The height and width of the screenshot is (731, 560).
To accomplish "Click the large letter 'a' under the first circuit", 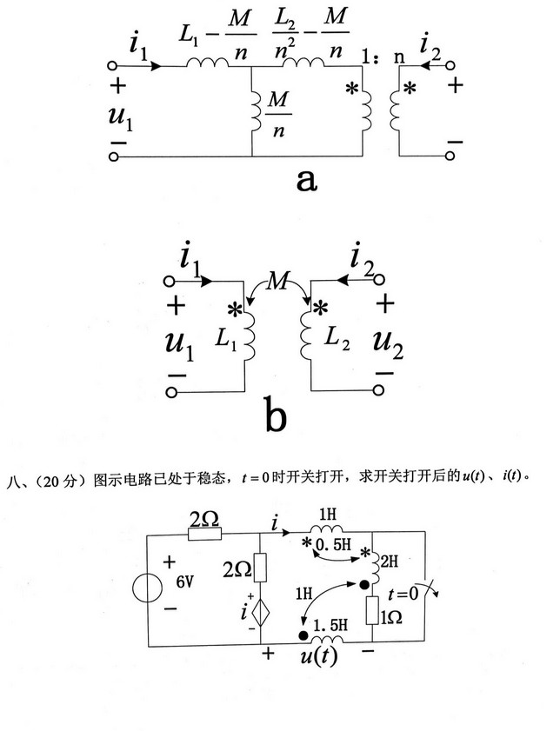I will click(307, 180).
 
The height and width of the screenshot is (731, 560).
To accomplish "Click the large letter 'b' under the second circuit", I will click(274, 416).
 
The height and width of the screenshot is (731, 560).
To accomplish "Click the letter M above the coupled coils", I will click(278, 281).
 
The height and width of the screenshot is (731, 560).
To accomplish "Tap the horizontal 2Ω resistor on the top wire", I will click(203, 531).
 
